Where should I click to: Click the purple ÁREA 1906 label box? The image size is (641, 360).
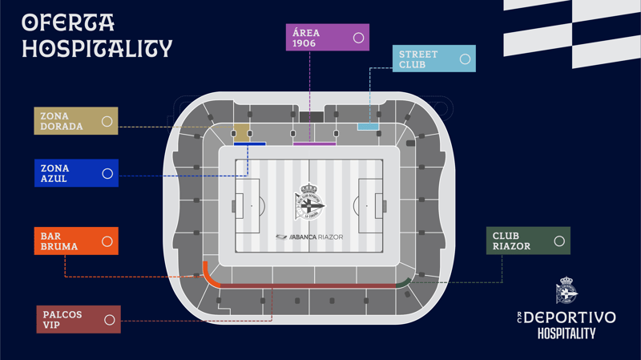click(328, 37)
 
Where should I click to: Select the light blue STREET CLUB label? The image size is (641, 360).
click(434, 59)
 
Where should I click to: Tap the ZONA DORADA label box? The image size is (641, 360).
click(76, 121)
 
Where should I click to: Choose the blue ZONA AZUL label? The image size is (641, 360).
click(76, 173)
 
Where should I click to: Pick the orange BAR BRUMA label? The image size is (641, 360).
click(76, 241)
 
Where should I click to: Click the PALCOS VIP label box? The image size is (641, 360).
click(79, 319)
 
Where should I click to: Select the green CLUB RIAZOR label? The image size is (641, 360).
click(528, 241)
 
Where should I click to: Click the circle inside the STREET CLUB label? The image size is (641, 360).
click(465, 59)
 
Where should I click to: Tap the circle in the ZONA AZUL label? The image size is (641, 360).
click(107, 173)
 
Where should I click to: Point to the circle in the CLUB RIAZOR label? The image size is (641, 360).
click(559, 241)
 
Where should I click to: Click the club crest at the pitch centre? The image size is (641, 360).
click(309, 201)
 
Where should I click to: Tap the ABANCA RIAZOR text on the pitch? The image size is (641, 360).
click(309, 237)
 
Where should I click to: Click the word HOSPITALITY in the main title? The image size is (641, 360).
click(97, 49)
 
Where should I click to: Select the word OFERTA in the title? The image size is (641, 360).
click(68, 22)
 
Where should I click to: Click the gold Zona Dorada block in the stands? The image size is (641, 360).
click(242, 132)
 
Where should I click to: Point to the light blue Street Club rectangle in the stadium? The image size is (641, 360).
click(368, 127)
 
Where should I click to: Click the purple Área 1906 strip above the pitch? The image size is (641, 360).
click(314, 144)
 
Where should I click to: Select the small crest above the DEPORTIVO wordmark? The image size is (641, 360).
click(566, 290)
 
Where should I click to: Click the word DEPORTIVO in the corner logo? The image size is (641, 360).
click(570, 318)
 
